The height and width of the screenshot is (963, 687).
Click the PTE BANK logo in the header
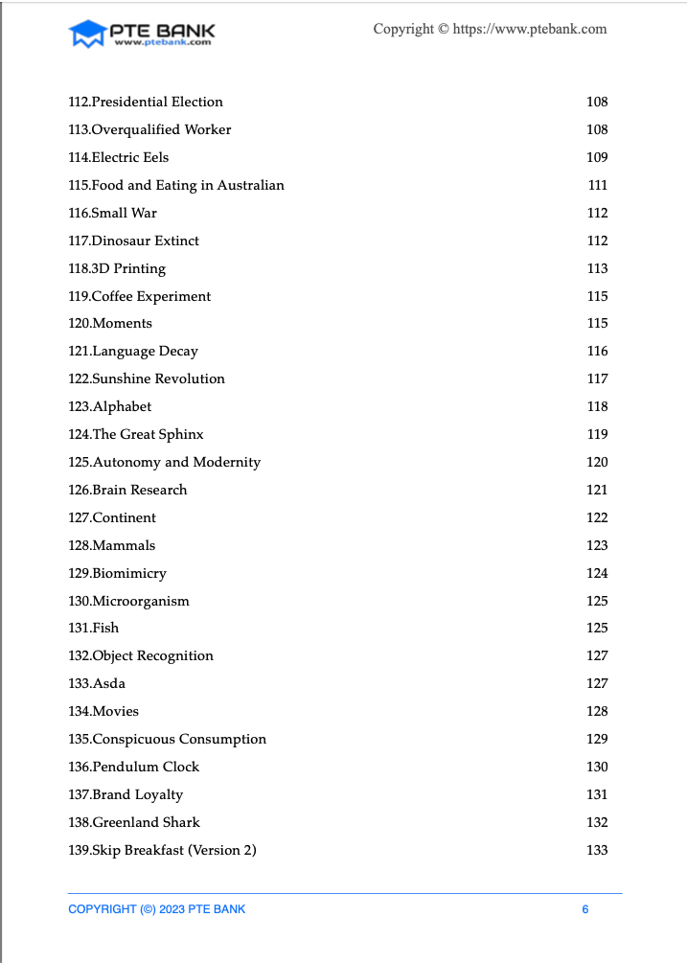click(141, 34)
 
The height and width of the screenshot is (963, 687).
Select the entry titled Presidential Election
click(146, 102)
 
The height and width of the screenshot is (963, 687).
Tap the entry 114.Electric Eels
click(119, 157)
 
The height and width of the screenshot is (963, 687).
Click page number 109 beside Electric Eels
click(597, 157)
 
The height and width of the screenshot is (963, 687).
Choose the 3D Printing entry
click(117, 268)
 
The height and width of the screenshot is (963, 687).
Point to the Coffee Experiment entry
click(140, 296)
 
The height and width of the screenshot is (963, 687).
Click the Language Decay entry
click(133, 351)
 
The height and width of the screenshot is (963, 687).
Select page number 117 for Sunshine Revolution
click(597, 378)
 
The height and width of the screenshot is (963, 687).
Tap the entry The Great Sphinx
click(136, 434)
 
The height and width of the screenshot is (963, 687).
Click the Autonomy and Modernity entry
click(165, 462)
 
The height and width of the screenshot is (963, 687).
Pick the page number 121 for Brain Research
click(597, 490)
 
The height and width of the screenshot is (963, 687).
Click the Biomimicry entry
click(118, 573)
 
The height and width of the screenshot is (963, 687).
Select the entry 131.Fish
click(94, 628)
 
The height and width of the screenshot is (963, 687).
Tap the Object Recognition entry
click(141, 655)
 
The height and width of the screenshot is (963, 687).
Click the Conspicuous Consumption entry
click(168, 739)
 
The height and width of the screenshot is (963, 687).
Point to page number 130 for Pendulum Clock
click(597, 767)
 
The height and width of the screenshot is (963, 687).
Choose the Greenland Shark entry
click(134, 822)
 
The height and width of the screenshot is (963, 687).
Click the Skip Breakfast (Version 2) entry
click(163, 850)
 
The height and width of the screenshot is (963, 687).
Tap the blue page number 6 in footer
click(585, 909)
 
